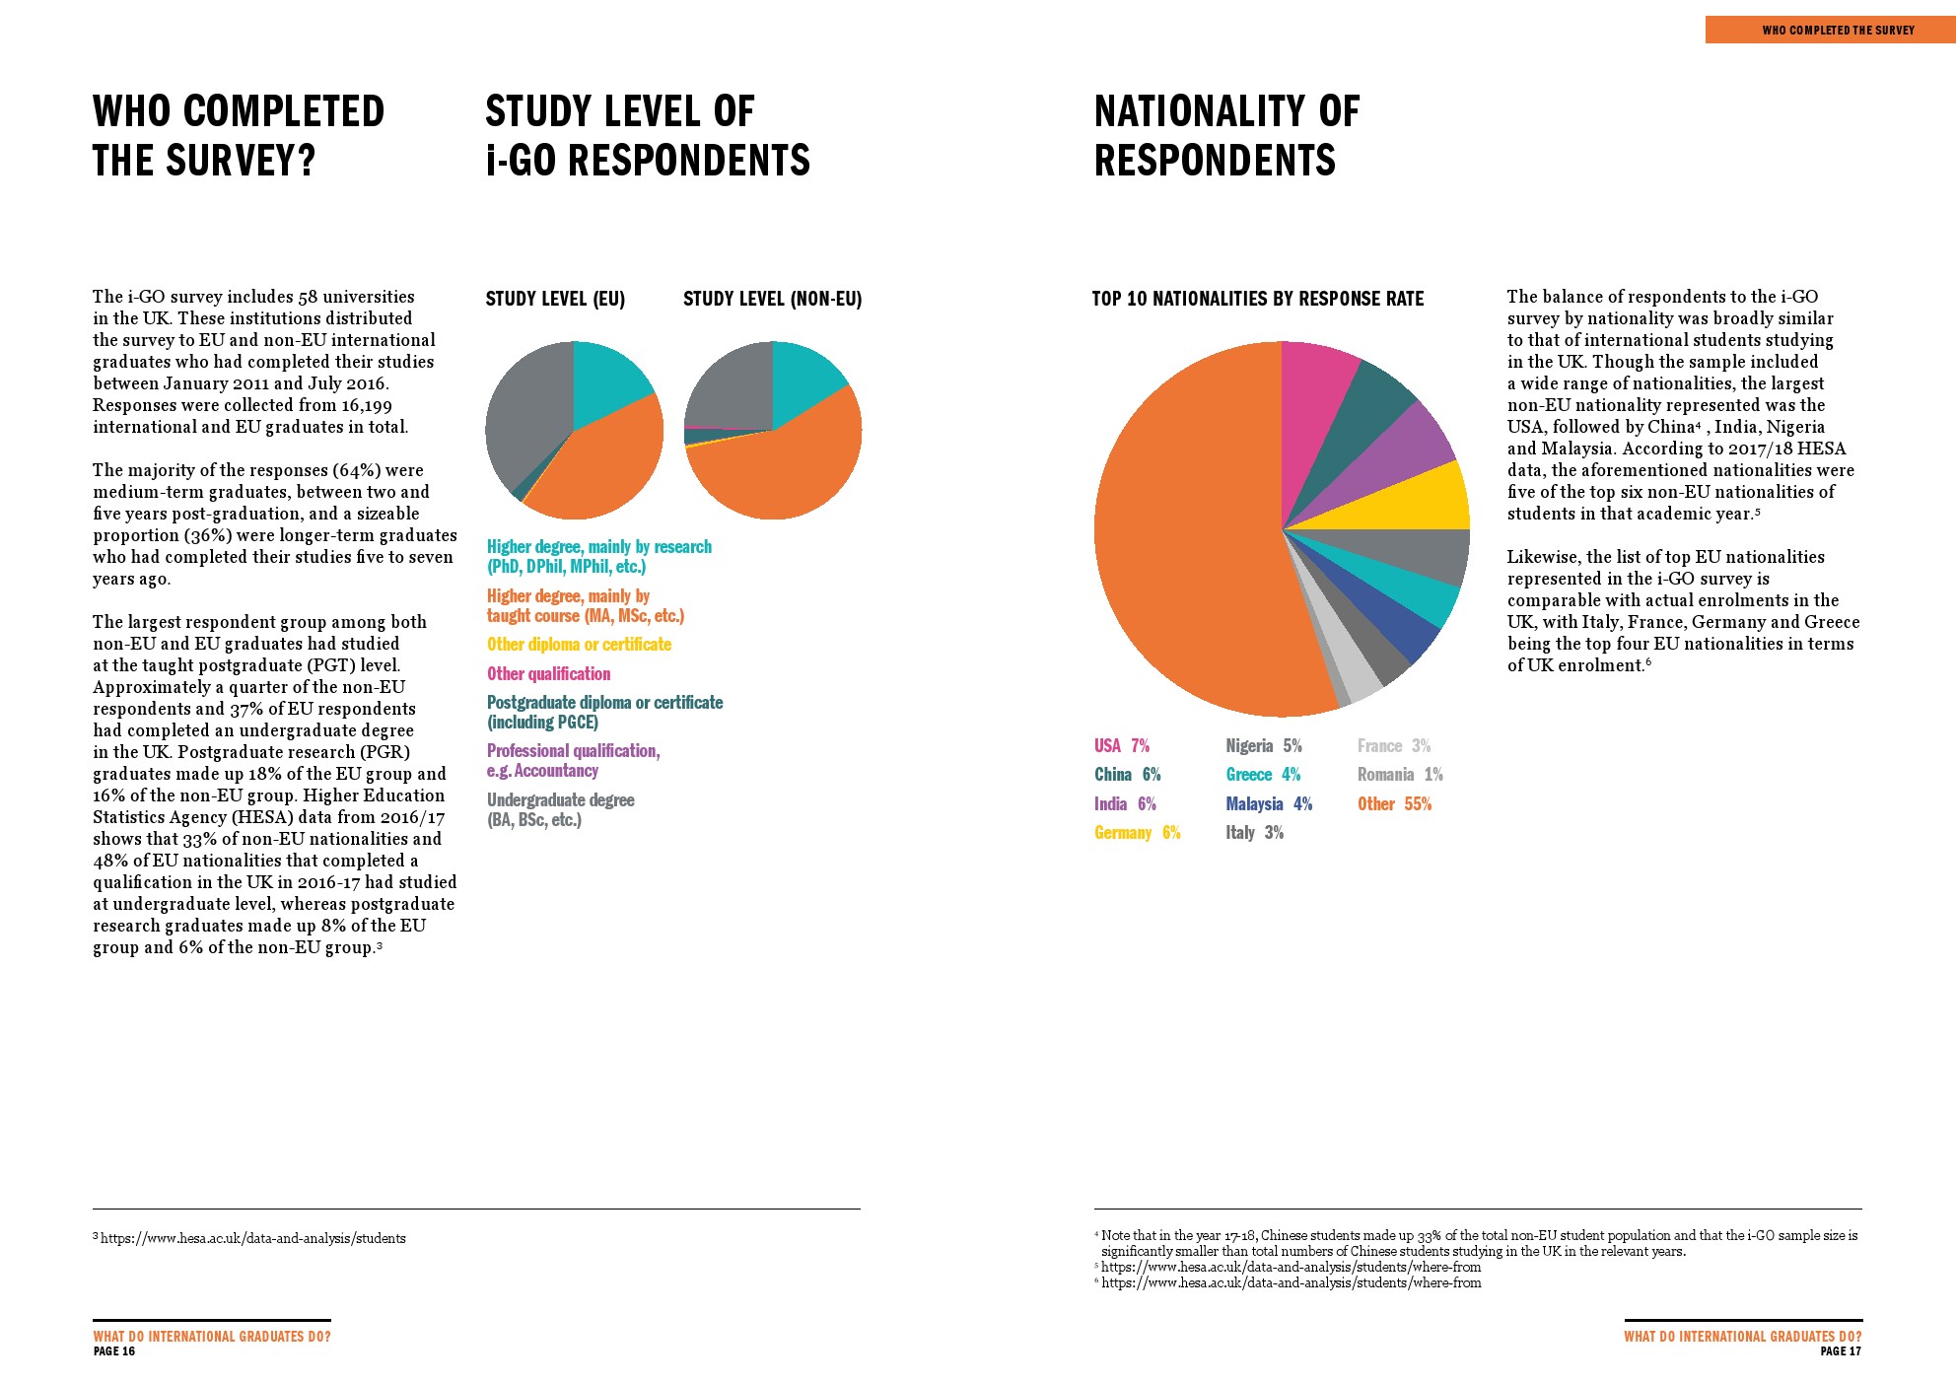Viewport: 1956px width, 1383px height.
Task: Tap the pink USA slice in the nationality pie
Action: coord(1316,394)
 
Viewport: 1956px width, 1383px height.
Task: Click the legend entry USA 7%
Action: coord(1122,746)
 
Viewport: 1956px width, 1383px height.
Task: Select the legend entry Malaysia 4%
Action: coord(1269,804)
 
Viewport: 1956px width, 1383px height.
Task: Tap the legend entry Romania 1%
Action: coord(1400,775)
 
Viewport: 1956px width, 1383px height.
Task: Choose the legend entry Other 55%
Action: coord(1394,804)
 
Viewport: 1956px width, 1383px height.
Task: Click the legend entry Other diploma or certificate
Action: coord(579,645)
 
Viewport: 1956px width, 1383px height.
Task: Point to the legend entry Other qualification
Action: coord(548,674)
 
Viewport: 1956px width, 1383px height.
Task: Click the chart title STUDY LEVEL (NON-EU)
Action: coord(772,299)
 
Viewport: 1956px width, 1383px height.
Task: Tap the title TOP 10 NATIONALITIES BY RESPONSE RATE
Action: coord(1257,299)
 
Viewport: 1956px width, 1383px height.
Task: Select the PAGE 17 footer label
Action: coord(1840,1351)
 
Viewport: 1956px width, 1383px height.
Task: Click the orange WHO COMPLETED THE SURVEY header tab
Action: coord(1830,31)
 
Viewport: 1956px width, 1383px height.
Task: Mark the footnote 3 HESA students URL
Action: coord(252,1239)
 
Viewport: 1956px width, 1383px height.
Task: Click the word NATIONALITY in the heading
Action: coord(1203,112)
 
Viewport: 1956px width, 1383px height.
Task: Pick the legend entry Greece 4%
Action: coord(1263,775)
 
